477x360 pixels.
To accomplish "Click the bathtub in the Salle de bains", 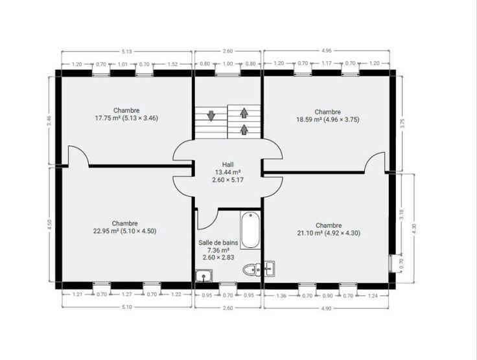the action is [x=250, y=230].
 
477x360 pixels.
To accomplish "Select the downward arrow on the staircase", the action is [x=211, y=116].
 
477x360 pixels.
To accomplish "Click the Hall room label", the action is [x=228, y=172].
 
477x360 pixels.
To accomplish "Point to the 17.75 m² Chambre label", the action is [x=126, y=114].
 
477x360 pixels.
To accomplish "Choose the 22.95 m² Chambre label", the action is [x=124, y=227].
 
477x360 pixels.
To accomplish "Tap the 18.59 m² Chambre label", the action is [x=328, y=116].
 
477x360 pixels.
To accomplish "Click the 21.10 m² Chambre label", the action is [x=329, y=229].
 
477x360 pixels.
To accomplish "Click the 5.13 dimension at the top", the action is [x=127, y=51].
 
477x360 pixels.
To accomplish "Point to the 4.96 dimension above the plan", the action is [x=327, y=51].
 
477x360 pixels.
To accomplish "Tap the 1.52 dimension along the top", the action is [x=172, y=64].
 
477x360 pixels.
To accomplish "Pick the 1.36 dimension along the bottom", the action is [x=281, y=296].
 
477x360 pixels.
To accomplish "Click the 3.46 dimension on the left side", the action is [x=50, y=120].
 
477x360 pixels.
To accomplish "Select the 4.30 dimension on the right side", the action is [x=413, y=229].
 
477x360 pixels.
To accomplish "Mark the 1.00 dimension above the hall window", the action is [x=228, y=64].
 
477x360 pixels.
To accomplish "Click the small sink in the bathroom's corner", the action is [x=204, y=276].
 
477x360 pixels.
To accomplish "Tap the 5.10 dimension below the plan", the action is [x=127, y=307].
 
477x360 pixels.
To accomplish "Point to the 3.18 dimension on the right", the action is [x=402, y=214].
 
